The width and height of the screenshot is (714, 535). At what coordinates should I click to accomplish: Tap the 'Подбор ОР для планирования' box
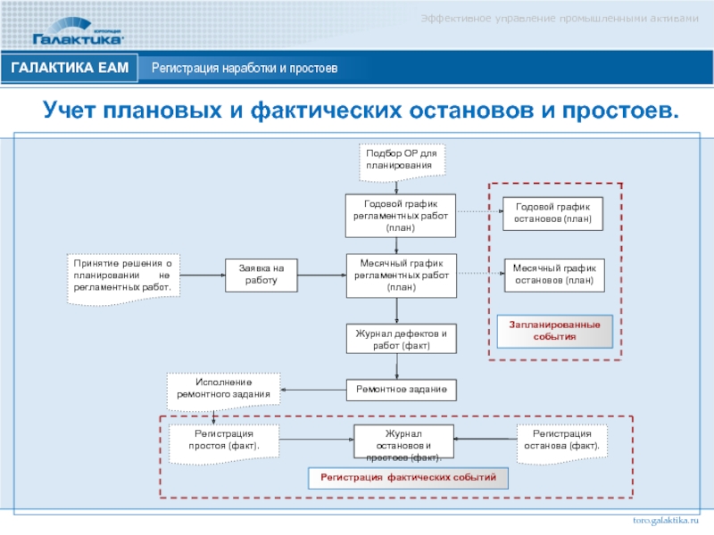click(400, 159)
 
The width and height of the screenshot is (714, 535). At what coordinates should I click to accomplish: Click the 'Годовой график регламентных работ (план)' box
click(401, 216)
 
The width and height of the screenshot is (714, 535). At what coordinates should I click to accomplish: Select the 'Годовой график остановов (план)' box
click(552, 213)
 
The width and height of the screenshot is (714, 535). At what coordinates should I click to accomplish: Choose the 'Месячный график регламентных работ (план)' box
click(401, 276)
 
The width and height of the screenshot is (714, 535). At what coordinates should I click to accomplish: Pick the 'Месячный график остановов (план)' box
click(552, 273)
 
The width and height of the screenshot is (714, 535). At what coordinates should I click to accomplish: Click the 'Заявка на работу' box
click(261, 275)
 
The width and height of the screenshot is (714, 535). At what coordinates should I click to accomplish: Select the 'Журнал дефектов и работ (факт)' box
click(401, 339)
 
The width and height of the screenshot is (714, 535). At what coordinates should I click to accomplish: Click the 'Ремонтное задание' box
click(401, 391)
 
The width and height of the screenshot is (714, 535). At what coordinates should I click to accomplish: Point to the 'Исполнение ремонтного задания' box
click(224, 388)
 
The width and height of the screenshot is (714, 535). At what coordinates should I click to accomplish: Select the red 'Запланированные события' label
click(555, 330)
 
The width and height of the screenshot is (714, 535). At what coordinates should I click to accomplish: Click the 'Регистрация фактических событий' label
click(408, 478)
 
